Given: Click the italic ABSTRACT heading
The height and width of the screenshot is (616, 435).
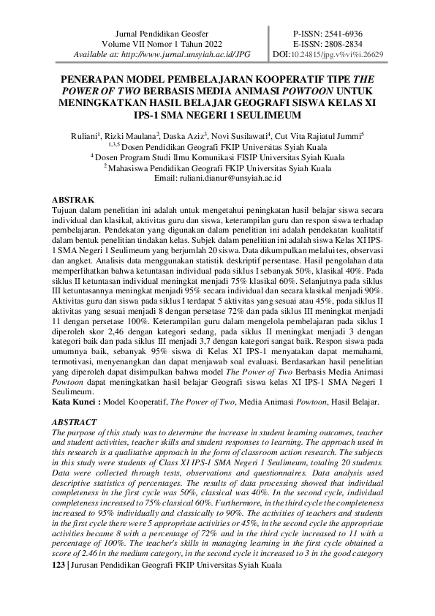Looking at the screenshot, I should coord(77,422).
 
